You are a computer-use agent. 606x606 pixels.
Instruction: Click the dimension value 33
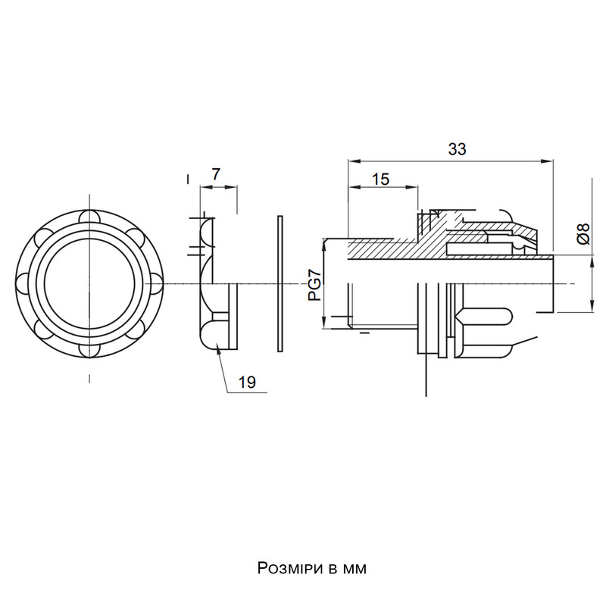(458, 149)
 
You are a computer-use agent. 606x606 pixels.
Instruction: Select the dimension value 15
(381, 180)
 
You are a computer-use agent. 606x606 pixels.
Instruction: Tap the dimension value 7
(216, 174)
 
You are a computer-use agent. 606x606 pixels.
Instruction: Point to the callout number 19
(247, 383)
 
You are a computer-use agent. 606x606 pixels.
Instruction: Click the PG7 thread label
(315, 286)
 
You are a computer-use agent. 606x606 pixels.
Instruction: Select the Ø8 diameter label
(583, 234)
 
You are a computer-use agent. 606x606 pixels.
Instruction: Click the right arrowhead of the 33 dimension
(548, 161)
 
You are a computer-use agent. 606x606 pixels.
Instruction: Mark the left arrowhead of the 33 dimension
(353, 161)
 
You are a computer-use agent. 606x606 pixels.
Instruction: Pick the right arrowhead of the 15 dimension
(413, 187)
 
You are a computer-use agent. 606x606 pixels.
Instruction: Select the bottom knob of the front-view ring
(89, 351)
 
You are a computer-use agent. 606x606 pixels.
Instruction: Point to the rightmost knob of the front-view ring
(157, 283)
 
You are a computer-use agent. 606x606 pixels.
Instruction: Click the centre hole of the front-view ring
(89, 283)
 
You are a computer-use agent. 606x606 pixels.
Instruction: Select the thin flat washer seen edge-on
(280, 283)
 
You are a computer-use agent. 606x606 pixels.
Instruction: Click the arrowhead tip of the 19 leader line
(217, 345)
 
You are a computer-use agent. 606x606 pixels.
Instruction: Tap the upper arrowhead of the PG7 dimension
(325, 244)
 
